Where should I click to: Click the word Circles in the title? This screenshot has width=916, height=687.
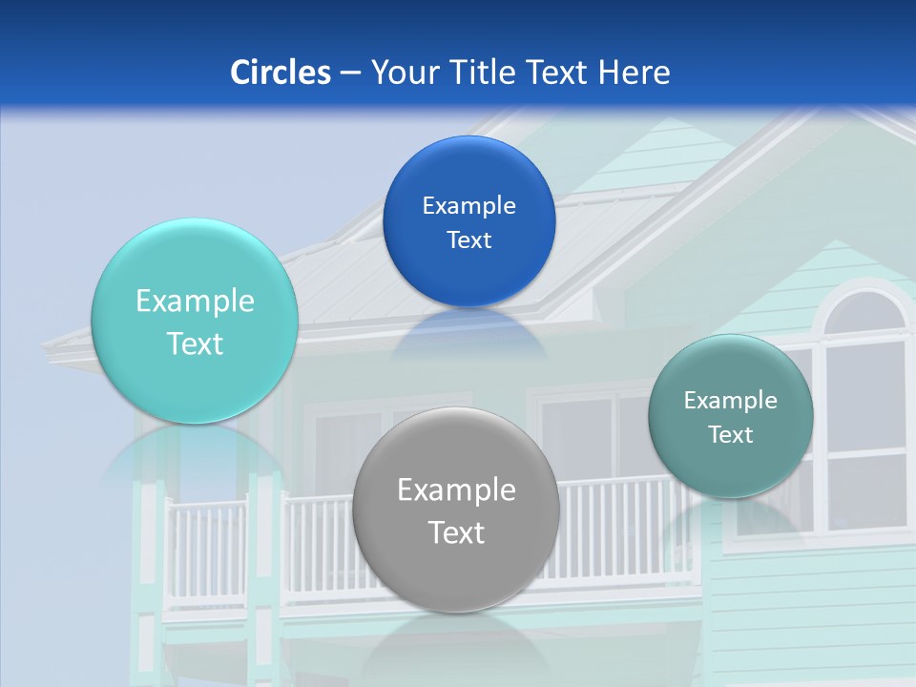280,73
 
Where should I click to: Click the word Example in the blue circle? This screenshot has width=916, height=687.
468,206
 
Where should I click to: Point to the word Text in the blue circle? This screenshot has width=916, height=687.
468,240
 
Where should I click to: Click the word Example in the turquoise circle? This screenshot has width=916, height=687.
195,302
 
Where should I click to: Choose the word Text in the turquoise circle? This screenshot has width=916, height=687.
195,343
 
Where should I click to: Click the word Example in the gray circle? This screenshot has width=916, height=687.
456,490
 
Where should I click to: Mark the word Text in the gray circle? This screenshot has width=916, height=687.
456,532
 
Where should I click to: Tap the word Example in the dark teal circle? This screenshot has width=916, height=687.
731,401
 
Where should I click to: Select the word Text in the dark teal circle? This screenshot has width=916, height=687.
731,435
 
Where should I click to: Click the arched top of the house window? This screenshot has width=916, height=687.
864,310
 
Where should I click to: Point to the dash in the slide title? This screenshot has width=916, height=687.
350,73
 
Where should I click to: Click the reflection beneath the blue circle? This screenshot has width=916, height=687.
468,334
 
